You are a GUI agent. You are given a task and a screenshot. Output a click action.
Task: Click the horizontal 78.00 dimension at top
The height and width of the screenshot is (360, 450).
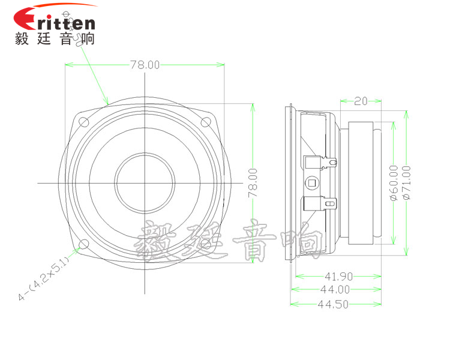coord(145,65)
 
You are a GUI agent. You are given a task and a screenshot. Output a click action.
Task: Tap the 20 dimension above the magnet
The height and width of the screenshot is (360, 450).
coord(360,101)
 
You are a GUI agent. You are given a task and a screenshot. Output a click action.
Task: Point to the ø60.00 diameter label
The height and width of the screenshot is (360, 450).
coord(394,182)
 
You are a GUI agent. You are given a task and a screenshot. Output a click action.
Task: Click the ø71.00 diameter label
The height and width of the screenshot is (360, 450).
coord(406,182)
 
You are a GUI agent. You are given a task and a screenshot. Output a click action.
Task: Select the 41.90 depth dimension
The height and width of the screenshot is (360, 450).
coord(338,277)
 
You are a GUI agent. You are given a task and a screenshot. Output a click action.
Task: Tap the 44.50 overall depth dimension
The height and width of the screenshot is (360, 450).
coord(335,304)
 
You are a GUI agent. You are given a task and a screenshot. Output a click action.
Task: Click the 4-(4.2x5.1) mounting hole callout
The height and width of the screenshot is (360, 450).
coord(45,279)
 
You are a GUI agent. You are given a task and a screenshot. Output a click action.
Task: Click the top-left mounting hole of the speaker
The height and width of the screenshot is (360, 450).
coord(84,122)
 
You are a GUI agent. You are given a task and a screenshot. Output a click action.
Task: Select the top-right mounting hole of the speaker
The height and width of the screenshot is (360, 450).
coord(205,122)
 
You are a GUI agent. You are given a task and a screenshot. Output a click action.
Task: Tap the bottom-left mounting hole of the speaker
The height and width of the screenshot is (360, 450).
coord(84,244)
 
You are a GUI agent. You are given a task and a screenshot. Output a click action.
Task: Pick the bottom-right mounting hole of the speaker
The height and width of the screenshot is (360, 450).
coord(205,244)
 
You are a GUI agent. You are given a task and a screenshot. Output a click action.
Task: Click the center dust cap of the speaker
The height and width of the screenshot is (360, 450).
coord(145,182)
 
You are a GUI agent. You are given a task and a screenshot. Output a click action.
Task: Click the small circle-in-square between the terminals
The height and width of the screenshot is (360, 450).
coord(311,182)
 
